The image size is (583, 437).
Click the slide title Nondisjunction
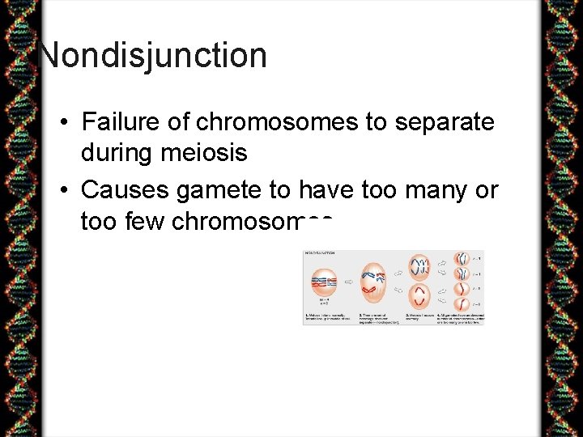[153, 55]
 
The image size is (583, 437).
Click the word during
[113, 152]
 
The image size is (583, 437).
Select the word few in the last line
[144, 221]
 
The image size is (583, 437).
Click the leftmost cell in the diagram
[322, 282]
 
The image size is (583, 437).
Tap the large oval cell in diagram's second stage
[373, 282]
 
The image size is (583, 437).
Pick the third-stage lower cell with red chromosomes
[419, 296]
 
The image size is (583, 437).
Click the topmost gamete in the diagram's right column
[462, 259]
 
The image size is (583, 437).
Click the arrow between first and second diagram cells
[348, 283]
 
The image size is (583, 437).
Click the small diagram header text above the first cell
[319, 253]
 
